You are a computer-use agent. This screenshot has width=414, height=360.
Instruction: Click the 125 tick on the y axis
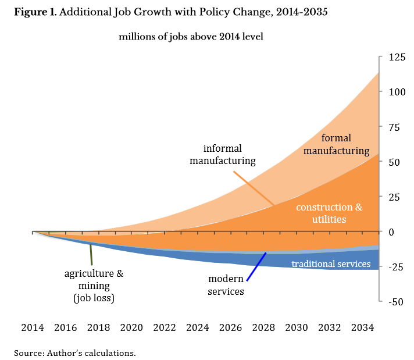(392, 58)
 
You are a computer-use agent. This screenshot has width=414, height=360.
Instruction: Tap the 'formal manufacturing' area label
(345, 144)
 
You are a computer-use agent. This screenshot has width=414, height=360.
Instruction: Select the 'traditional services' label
(331, 264)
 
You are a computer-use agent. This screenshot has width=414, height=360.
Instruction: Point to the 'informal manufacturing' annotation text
(223, 155)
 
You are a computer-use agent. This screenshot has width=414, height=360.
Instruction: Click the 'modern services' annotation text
(226, 285)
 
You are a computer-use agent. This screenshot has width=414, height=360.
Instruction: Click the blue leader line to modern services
(256, 266)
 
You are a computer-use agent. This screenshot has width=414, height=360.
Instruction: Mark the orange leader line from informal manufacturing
(254, 188)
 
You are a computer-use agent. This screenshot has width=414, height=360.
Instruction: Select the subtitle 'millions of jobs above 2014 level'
(191, 37)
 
